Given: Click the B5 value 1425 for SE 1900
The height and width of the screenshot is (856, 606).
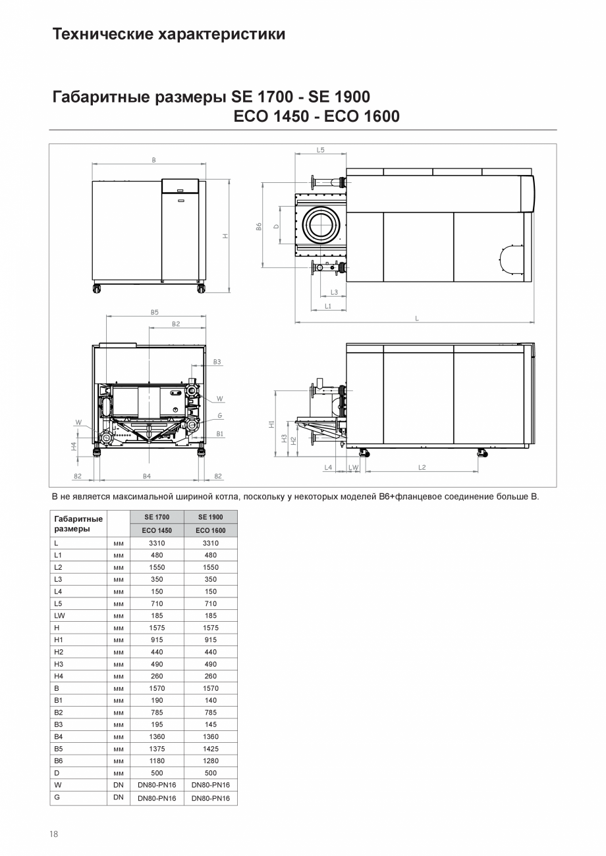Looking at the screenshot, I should coord(211,749).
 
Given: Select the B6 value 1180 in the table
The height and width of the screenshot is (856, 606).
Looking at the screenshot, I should coord(157,761).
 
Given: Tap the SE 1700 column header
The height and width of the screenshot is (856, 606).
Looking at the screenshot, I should coord(157,517).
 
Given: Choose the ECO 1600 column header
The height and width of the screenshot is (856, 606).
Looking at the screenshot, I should coord(211,530).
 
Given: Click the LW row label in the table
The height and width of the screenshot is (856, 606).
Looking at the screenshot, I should coord(59,615).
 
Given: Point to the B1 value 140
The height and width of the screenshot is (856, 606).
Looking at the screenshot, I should coord(211,700).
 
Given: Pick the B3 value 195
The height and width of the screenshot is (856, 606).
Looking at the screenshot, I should coord(157,724).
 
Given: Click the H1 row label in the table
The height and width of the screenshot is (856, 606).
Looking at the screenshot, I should coord(59,640).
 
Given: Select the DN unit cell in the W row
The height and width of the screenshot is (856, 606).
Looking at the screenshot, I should coord(119,785).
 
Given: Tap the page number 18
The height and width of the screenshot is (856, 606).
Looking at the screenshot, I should coord(54,834).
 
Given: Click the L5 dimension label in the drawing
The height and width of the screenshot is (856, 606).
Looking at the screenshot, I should coord(320,150).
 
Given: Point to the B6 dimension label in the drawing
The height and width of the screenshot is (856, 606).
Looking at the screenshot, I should coord(260,226).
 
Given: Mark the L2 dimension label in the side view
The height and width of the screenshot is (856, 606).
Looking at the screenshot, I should coord(422,467).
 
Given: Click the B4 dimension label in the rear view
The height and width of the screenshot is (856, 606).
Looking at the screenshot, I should coord(147,475).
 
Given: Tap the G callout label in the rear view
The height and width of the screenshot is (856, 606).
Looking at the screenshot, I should coord(219,415).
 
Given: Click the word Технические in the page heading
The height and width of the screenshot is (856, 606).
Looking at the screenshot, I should coord(103,34).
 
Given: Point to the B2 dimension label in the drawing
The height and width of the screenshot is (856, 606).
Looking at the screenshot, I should coord(176,324).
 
